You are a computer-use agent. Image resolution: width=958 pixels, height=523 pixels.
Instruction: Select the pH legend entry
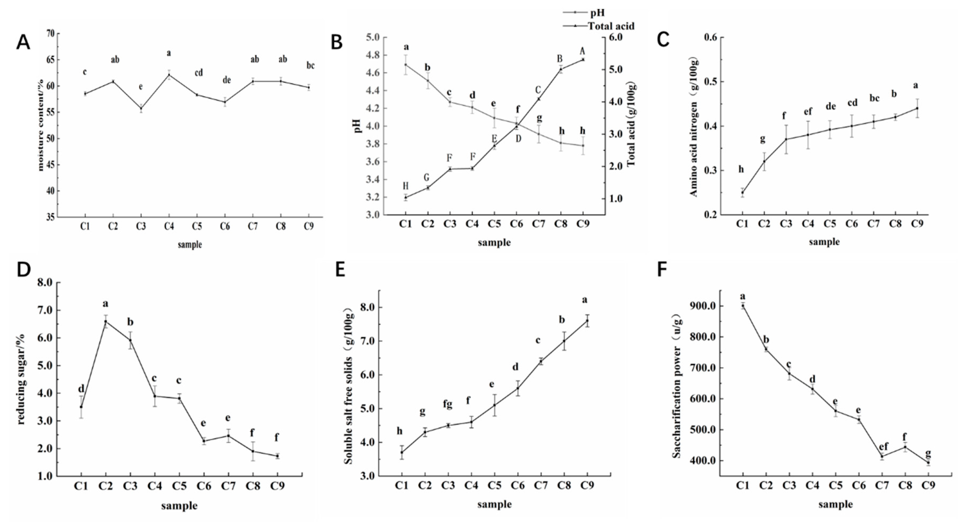(597, 13)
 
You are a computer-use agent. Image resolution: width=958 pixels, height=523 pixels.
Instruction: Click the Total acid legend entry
(611, 26)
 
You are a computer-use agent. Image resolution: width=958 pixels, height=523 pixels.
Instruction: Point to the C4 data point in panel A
(169, 75)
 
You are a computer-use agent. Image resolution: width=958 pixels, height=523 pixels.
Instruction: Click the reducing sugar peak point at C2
(106, 322)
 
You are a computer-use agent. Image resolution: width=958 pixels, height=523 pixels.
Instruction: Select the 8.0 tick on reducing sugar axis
(45, 283)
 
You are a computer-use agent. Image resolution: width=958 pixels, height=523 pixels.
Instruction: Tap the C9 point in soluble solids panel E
(587, 320)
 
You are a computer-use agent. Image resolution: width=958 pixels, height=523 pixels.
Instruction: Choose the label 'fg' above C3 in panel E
(448, 404)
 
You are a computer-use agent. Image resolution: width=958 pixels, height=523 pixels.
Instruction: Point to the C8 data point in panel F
(905, 447)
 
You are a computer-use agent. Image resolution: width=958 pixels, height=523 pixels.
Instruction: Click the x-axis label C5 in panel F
(835, 485)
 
